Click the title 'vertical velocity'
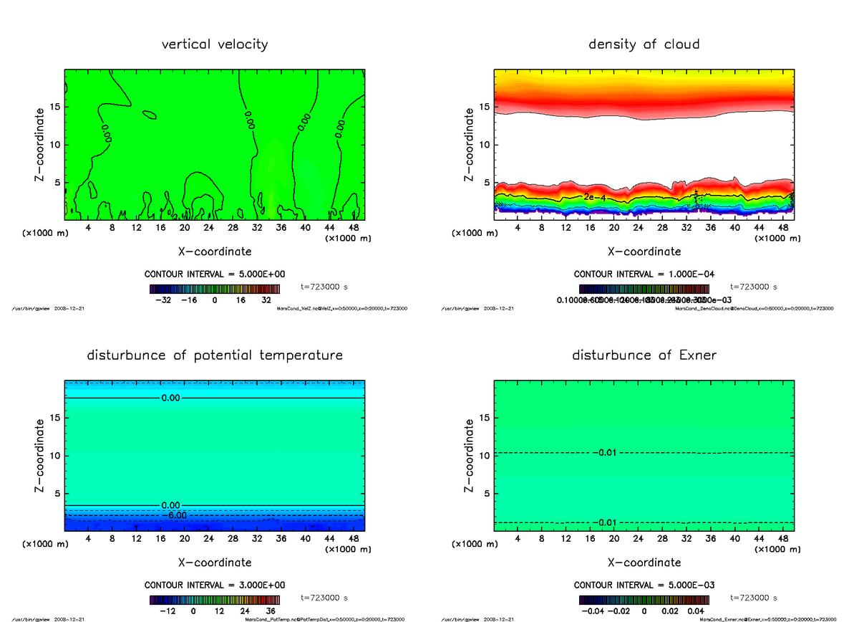pos(215,44)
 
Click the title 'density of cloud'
pos(644,44)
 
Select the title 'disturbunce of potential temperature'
pos(215,355)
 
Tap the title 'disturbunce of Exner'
pos(644,355)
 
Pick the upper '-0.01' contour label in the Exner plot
pos(606,453)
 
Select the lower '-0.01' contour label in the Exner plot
pos(606,522)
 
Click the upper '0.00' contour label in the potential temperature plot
pos(173,397)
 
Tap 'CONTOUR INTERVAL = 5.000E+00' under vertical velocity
pos(215,274)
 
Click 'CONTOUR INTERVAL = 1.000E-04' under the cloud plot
pos(644,274)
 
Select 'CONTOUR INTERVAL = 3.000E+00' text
pos(215,585)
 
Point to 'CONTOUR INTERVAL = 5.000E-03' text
pos(644,585)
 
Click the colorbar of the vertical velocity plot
pos(215,288)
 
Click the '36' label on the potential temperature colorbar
pos(271,611)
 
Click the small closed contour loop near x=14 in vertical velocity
pos(150,114)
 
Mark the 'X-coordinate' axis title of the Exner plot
pos(644,563)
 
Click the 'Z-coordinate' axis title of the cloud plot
pos(470,145)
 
